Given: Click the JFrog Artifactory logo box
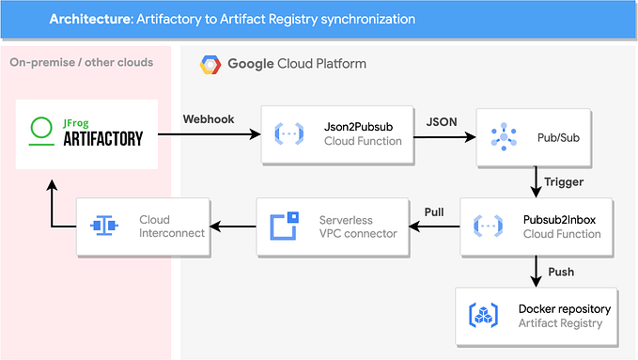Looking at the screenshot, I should coord(86,133).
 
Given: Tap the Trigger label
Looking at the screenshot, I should coord(565,182).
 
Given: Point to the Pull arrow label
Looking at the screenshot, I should coord(433,212).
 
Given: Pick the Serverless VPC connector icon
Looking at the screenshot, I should coord(286,227).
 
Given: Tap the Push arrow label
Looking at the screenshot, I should coord(561,273).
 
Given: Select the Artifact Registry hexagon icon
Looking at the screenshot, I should coord(483,316).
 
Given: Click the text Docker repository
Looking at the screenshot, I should coord(564,308).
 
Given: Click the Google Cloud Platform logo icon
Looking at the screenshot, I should coord(210,65).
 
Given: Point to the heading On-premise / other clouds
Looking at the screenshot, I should coord(81,63).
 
